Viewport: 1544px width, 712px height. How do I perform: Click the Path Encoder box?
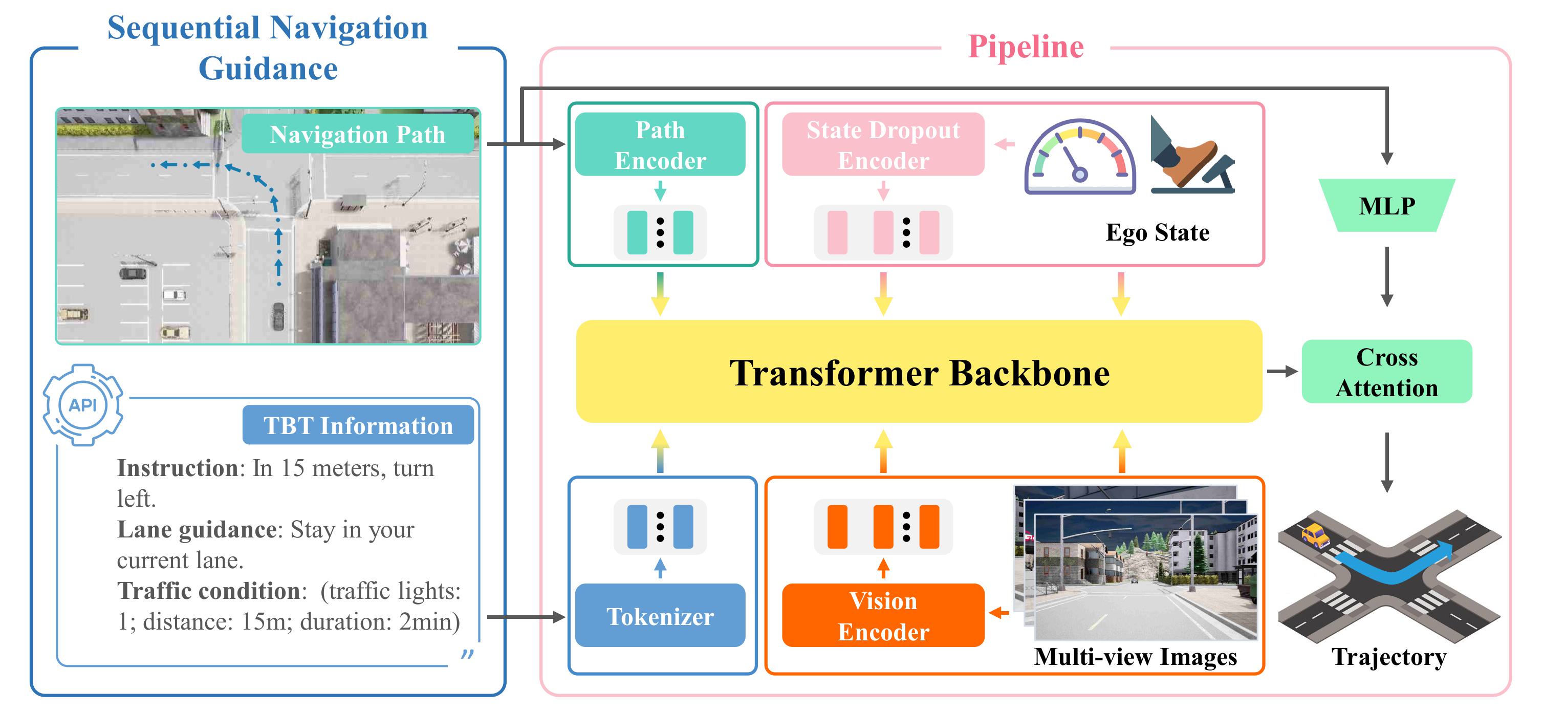coord(660,144)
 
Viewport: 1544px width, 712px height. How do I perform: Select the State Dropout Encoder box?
coord(883,144)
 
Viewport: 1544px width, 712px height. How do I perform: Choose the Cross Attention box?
coord(1387,372)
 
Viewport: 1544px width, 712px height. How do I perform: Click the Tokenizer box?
coord(660,615)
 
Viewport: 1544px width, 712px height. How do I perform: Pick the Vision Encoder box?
coord(883,615)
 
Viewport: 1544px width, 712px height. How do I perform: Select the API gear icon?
coord(83,405)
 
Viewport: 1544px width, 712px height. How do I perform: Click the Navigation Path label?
coord(358,134)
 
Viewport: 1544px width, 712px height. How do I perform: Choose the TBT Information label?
coord(358,425)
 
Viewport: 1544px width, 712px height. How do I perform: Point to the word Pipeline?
coord(1026,47)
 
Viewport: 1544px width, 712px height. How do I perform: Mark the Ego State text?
coord(1158,232)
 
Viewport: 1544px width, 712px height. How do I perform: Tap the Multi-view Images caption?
coord(1135,657)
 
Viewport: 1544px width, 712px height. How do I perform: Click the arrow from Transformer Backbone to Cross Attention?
coord(1282,372)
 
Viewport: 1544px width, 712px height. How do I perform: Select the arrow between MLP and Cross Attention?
coord(1386,277)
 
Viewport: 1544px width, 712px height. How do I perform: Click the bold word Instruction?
coord(178,468)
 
